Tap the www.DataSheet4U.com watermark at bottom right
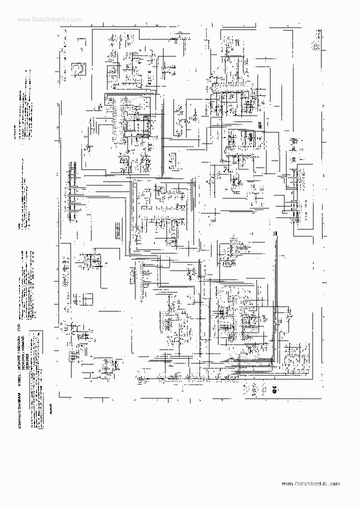[311, 484]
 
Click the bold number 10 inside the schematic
[274, 234]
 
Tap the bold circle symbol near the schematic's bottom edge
[274, 391]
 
